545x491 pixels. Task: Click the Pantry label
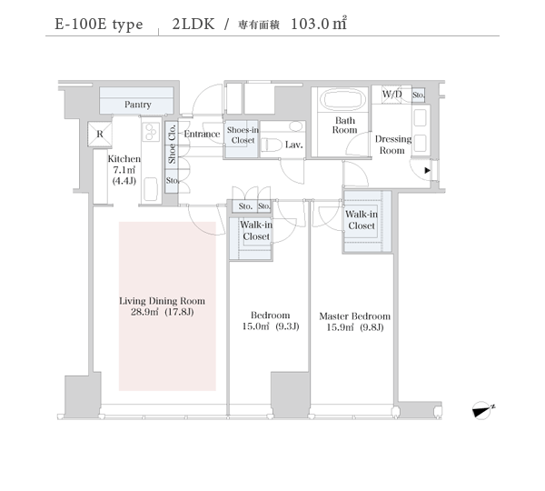pos(138,105)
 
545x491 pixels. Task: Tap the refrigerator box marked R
pos(100,134)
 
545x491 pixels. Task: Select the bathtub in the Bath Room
pos(342,99)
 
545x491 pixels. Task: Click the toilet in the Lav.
pos(272,145)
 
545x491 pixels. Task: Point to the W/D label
pos(392,94)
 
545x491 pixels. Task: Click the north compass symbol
pos(483,410)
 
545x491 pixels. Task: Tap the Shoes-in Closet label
pos(243,135)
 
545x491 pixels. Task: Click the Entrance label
pos(202,134)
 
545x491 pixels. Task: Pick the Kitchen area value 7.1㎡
pos(124,170)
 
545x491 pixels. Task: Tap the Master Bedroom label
pos(355,316)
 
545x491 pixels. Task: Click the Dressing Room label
pos(393,145)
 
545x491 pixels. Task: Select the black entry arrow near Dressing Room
pos(428,171)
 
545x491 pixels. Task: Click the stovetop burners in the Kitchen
pos(151,132)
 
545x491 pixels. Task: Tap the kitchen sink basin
pos(151,189)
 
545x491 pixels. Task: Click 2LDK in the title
pos(193,24)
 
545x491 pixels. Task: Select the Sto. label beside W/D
pos(419,95)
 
